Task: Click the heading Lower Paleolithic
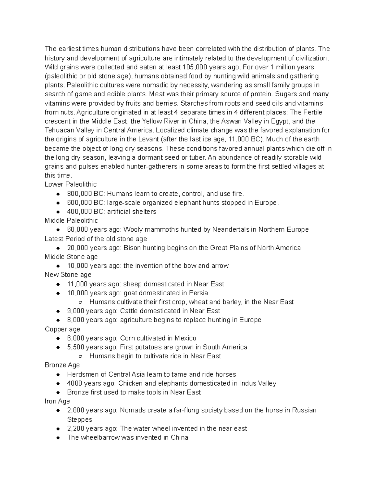(70, 184)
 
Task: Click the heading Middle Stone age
(71, 257)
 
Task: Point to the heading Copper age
(62, 329)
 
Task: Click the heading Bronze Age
(62, 365)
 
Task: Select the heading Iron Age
(57, 401)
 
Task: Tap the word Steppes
(80, 419)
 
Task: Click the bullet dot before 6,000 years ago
(58, 338)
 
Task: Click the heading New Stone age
(68, 275)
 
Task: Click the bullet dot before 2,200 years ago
(58, 429)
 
